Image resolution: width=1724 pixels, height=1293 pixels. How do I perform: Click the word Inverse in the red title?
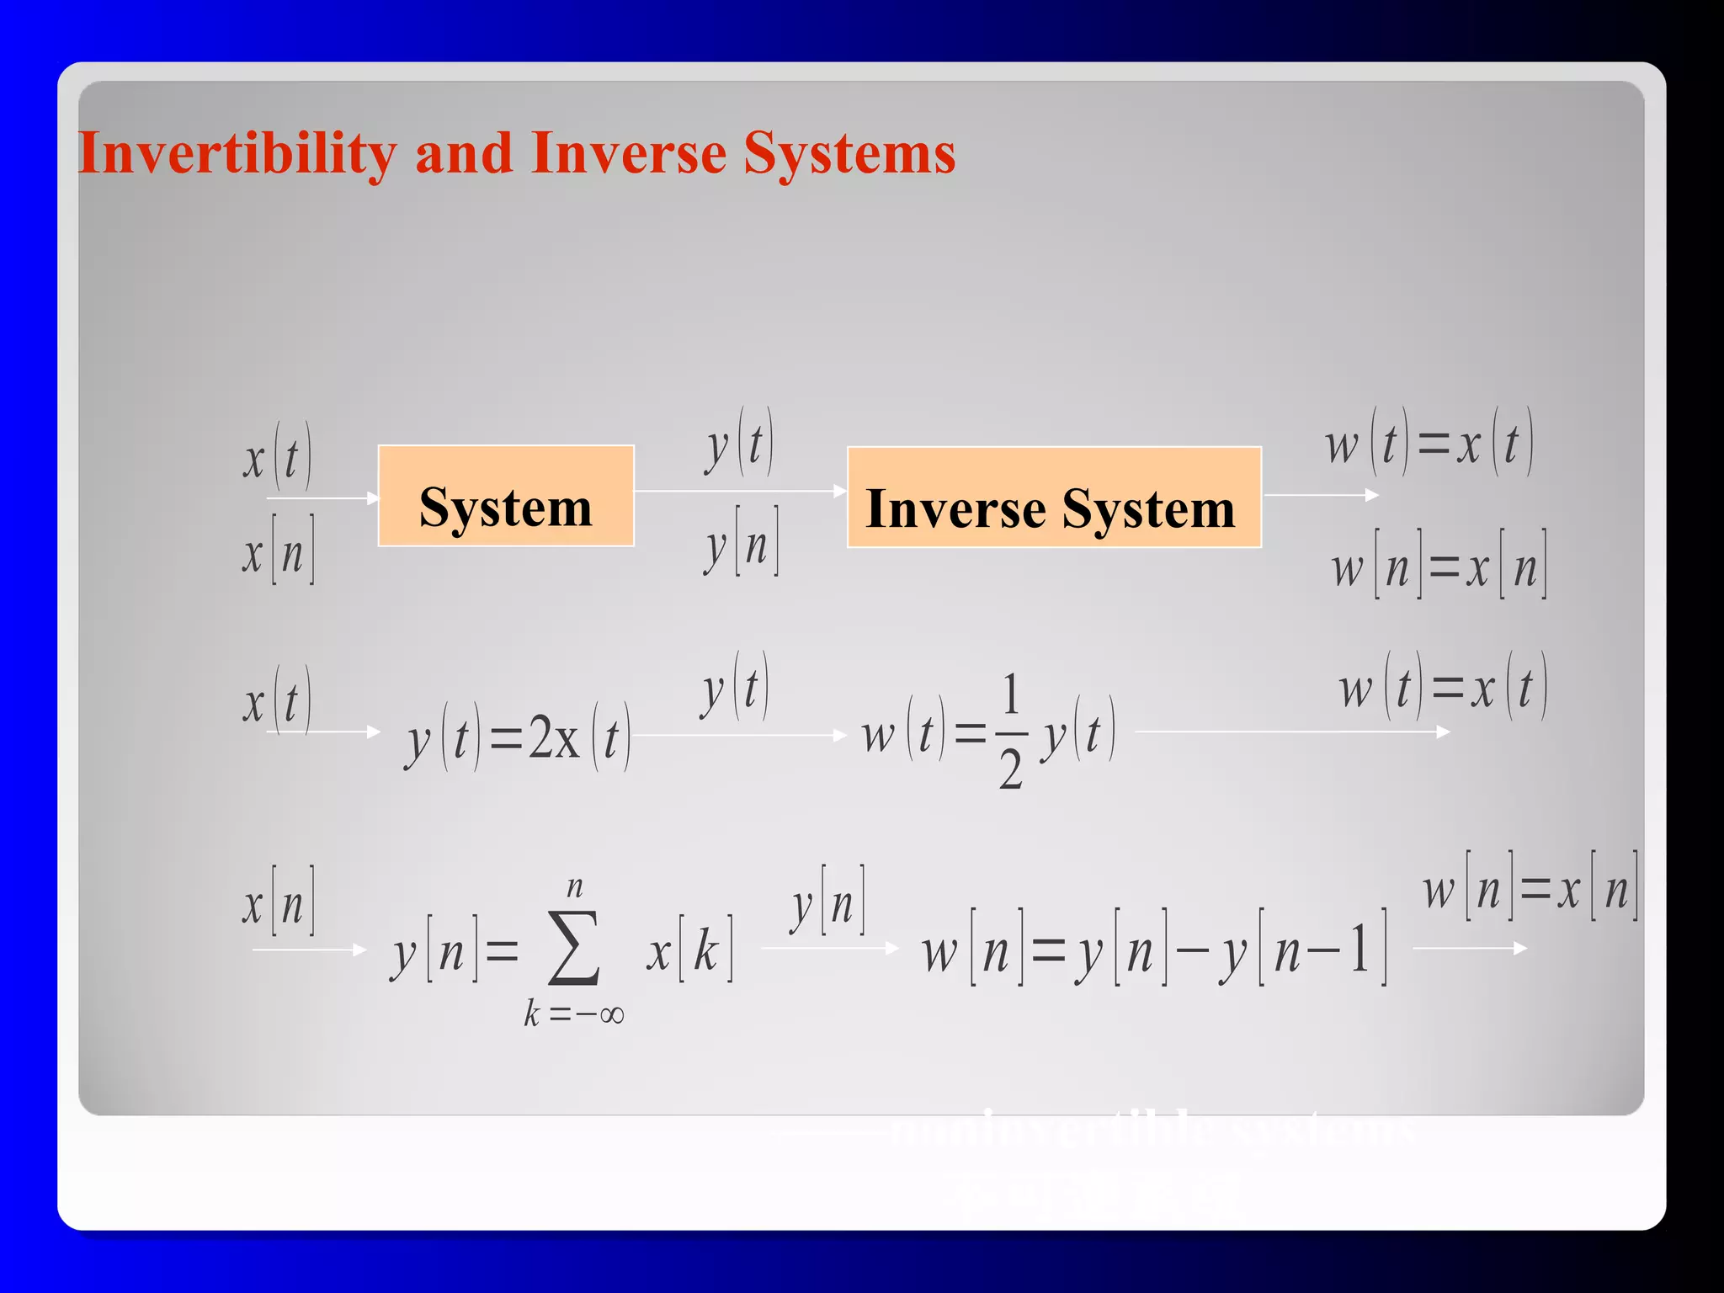[628, 154]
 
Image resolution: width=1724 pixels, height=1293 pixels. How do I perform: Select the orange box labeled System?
[506, 496]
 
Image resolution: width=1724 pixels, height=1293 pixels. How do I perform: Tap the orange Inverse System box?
[1053, 498]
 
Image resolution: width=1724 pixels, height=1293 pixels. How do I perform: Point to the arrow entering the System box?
[324, 498]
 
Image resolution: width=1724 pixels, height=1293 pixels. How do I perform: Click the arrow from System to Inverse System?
[740, 491]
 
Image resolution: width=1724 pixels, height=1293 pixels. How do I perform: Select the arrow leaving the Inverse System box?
[1321, 495]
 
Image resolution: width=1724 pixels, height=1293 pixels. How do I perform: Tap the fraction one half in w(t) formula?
[1010, 731]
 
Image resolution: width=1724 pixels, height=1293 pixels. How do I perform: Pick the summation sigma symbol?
[573, 950]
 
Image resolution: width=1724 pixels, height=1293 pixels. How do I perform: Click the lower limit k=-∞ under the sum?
[573, 1014]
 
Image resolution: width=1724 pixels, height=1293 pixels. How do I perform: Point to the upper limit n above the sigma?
[575, 886]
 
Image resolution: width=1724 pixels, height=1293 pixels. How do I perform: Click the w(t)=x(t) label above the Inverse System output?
[1429, 444]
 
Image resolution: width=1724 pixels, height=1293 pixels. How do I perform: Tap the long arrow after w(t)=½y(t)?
[1292, 732]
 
